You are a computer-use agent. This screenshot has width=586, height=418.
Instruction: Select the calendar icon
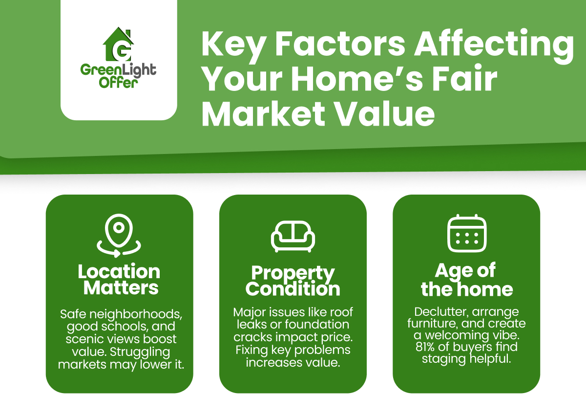tap(466, 234)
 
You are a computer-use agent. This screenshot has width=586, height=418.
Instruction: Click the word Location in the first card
tap(119, 272)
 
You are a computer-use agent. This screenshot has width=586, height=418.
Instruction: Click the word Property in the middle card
tap(293, 273)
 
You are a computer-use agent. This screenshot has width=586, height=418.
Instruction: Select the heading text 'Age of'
tap(465, 270)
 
